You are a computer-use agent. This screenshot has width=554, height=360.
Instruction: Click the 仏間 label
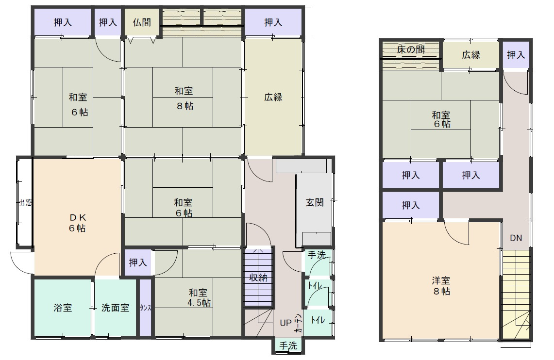point(142,23)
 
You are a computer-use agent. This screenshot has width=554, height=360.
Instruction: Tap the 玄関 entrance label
point(315,202)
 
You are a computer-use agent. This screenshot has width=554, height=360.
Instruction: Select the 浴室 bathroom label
point(63,308)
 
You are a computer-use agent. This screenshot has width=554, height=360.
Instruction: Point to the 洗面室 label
point(115,308)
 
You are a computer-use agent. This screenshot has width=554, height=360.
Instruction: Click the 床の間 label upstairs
point(411,49)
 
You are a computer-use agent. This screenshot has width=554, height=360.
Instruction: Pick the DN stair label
point(516,238)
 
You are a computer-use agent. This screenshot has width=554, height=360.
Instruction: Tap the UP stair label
point(285,323)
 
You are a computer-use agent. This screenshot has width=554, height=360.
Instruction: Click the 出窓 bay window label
point(25,203)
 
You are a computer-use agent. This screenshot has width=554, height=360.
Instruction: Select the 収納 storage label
point(258,278)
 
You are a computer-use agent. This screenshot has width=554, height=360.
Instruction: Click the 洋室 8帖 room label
point(441,286)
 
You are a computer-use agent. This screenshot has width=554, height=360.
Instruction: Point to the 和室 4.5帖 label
point(199,297)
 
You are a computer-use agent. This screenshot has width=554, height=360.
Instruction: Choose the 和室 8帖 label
point(184,98)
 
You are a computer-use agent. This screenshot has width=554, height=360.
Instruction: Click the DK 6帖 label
point(77,223)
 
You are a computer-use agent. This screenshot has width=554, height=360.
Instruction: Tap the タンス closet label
point(145,308)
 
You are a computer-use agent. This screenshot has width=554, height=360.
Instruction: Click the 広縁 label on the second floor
point(471,55)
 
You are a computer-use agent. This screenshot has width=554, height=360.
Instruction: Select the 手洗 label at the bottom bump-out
point(288,345)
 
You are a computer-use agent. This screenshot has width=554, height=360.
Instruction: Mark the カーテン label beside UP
point(299,323)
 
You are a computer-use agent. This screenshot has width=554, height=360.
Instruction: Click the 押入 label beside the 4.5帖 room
point(138,262)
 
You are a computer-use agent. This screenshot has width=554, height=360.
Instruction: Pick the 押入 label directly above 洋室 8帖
point(411,205)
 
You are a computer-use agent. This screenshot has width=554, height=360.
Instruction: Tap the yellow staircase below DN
point(517,295)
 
